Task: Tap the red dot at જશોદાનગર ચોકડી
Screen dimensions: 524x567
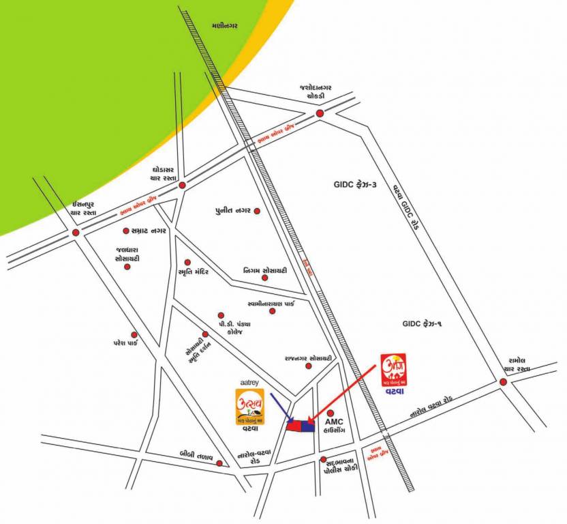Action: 320,113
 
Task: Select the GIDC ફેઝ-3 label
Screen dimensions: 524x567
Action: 355,184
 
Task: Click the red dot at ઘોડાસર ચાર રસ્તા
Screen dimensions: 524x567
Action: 182,185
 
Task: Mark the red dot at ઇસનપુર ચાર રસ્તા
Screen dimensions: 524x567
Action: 76,233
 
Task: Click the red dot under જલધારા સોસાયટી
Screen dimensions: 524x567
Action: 127,267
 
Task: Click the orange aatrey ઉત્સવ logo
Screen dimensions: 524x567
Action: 250,405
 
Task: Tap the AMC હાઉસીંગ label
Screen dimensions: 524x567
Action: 337,428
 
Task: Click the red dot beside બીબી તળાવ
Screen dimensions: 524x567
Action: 219,463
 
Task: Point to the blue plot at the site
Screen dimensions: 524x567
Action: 307,426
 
